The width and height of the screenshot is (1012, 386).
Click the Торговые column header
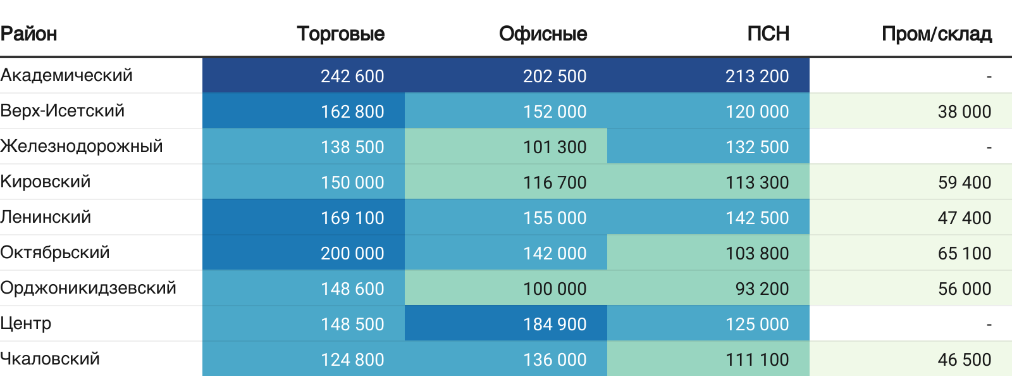pos(340,34)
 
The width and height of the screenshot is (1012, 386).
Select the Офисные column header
pos(543,34)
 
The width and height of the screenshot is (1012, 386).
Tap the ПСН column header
pos(768,34)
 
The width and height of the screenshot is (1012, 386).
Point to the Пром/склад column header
pos(936,34)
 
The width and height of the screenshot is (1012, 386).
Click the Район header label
pos(28,34)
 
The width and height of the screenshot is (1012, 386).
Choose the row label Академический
pos(66,75)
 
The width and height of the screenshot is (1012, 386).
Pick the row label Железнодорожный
pos(82,146)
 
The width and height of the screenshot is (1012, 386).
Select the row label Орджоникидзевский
pos(88,288)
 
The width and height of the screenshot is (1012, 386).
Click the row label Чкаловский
pos(50,359)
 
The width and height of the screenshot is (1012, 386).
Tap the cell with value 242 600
pos(352,76)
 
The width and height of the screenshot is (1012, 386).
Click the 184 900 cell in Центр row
pos(555,324)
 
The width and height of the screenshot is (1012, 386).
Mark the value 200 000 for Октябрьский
pos(352,253)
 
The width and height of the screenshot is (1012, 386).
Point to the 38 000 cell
pos(964,111)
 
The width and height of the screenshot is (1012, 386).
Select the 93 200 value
pos(762,289)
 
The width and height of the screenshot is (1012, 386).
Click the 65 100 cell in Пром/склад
pos(964,253)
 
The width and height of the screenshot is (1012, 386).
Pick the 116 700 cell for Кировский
pos(555,182)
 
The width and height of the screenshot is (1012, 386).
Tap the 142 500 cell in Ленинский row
pos(757,218)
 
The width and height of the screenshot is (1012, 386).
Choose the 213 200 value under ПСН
pos(757,76)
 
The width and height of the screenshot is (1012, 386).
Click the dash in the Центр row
pos(989,324)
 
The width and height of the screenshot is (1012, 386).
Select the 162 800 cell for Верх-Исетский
pos(352,111)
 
